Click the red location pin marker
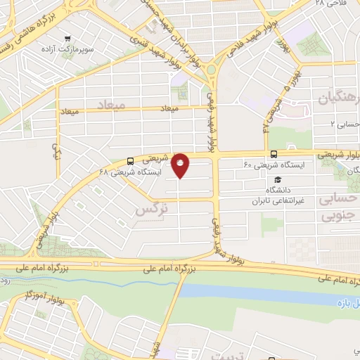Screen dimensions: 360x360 (181, 166)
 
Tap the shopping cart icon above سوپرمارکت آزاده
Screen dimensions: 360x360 (67, 39)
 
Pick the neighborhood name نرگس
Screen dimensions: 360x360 (153, 210)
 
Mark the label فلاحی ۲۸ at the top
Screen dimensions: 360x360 (330, 4)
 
